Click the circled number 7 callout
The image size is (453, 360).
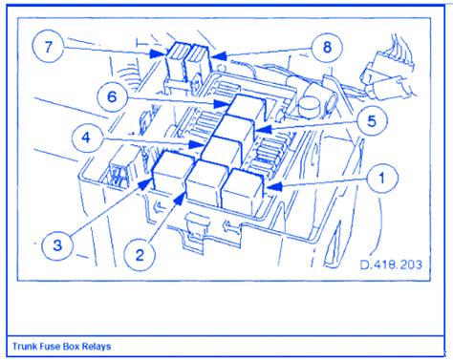48,48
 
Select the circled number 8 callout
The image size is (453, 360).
327,48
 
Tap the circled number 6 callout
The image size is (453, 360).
112,96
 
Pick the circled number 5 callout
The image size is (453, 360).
372,121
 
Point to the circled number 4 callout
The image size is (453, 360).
87,138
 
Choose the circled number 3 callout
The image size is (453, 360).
57,245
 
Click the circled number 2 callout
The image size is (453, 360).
140,255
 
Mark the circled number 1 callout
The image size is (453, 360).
382,179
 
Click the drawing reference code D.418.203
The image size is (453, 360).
391,265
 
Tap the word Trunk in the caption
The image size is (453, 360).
25,346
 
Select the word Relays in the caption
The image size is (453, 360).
97,346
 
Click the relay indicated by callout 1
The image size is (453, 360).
243,192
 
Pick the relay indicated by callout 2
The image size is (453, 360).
207,183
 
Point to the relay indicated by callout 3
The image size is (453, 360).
173,172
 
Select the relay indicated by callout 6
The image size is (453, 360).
247,108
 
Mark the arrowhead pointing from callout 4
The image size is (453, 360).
196,145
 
